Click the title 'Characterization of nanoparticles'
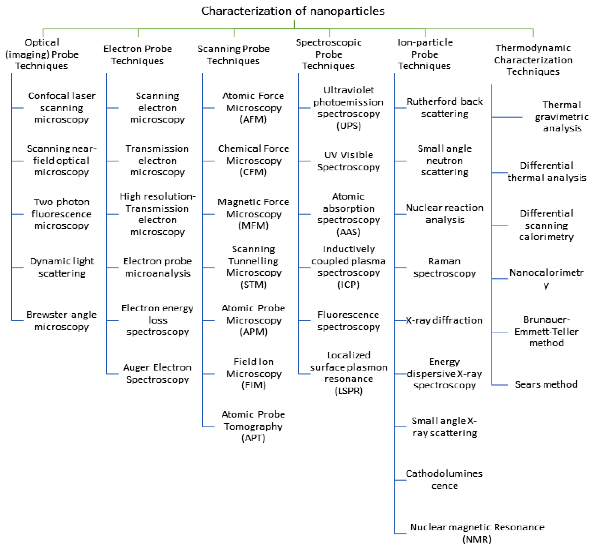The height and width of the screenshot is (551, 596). click(x=293, y=11)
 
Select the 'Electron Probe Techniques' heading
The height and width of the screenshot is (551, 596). click(x=138, y=55)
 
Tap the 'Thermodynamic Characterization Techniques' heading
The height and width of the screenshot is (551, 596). click(x=533, y=60)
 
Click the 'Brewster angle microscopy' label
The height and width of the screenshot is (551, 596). click(x=61, y=320)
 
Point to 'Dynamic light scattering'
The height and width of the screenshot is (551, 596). click(x=62, y=267)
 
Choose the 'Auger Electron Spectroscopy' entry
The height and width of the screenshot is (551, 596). click(x=157, y=373)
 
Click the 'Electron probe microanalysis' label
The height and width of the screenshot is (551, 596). click(x=157, y=267)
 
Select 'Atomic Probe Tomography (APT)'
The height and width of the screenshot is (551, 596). click(x=253, y=426)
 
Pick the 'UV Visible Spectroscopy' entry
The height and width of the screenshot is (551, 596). click(x=349, y=161)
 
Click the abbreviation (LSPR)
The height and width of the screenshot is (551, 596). click(x=349, y=391)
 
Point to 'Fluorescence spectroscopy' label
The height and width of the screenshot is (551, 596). click(x=349, y=320)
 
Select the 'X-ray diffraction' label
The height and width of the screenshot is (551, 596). click(x=444, y=320)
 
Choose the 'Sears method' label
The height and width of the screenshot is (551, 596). click(x=546, y=384)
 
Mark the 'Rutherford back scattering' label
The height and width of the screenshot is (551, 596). click(x=445, y=108)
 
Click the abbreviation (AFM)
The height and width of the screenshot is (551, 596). click(x=253, y=120)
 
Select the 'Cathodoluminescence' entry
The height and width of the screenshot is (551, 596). click(x=444, y=479)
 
